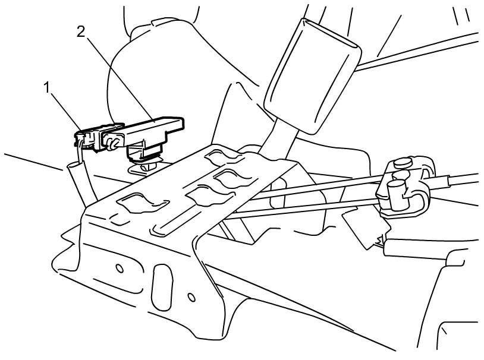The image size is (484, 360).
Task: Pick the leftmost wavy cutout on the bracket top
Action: click(x=140, y=201)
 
